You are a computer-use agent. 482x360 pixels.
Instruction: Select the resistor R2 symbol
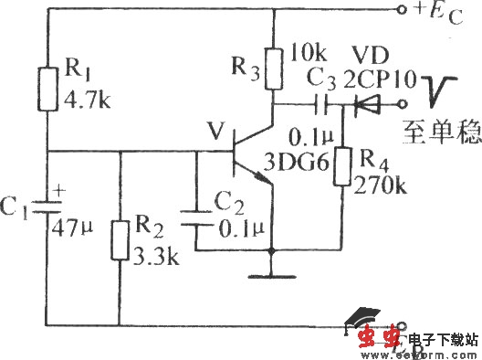point(120,240)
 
